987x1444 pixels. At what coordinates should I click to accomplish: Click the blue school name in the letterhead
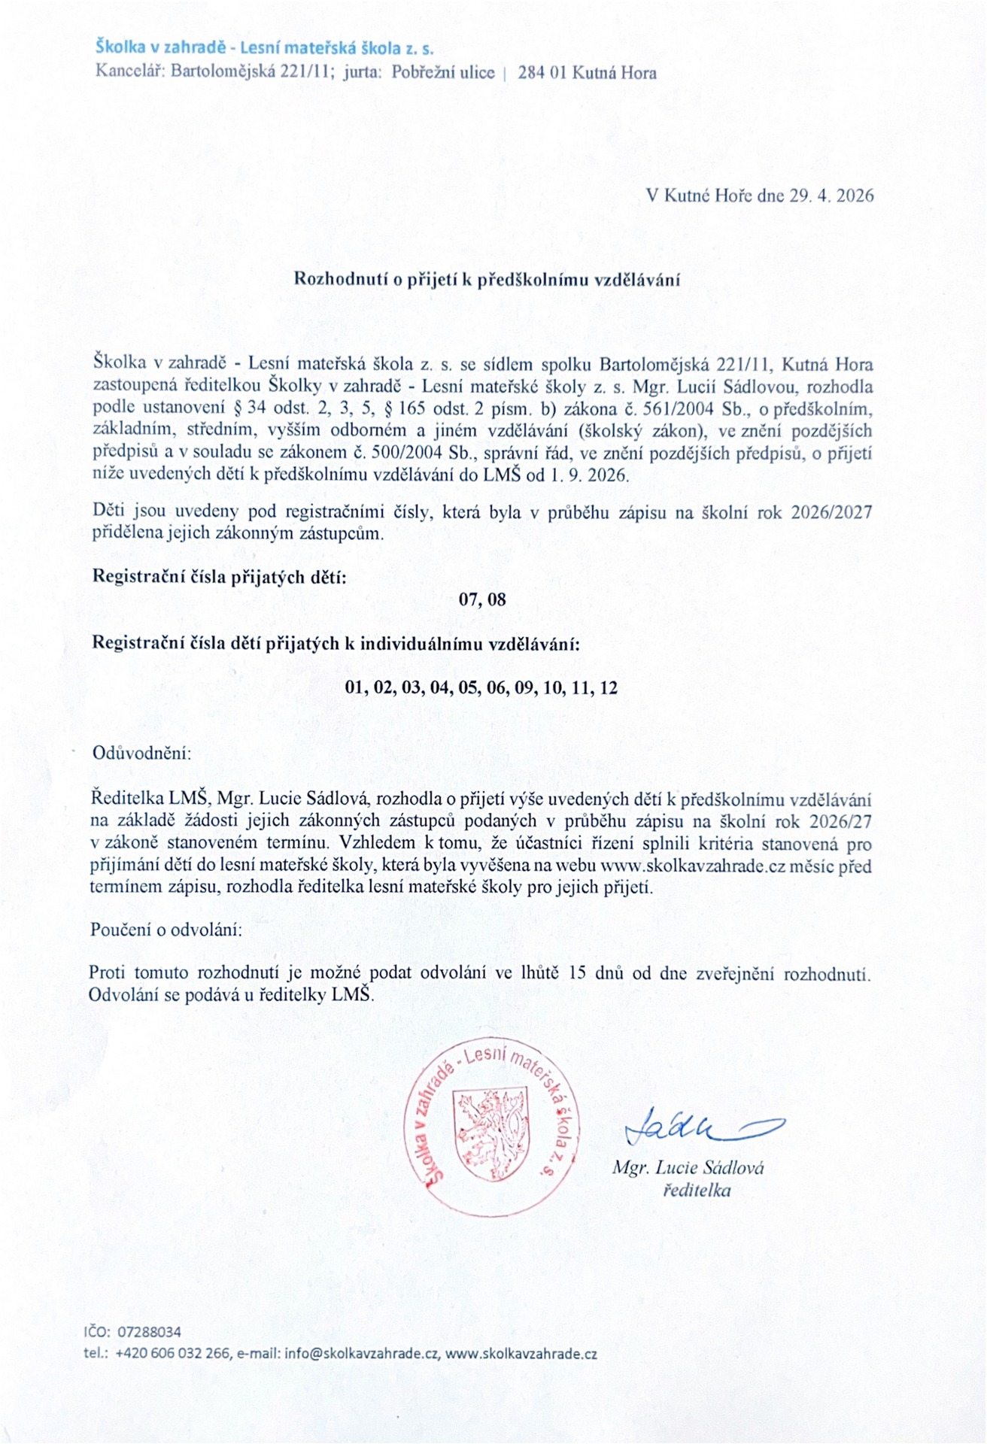point(264,48)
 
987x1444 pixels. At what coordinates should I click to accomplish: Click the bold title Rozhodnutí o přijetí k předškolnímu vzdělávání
point(487,280)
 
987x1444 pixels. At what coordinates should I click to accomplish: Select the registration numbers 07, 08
point(482,599)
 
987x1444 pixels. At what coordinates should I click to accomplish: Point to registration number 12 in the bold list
point(609,687)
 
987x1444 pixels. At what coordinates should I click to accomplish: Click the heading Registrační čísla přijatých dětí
point(219,577)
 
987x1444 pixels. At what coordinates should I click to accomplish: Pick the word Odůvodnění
point(141,753)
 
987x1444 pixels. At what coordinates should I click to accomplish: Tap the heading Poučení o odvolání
point(166,930)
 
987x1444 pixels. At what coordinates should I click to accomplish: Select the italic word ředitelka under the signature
point(697,1191)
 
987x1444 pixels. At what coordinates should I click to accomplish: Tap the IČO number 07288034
point(149,1332)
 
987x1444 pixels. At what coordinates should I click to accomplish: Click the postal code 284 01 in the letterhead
point(542,73)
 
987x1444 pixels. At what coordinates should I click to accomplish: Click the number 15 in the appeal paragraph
point(578,972)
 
